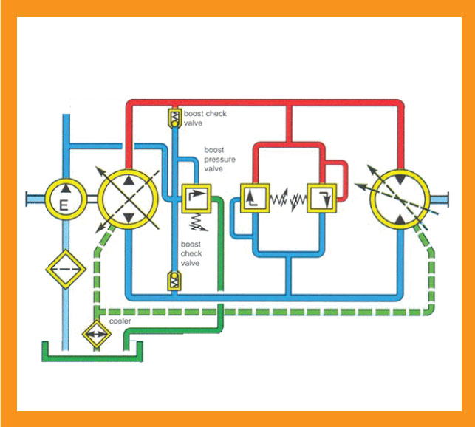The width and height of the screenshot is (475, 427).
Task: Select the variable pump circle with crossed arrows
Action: (129, 199)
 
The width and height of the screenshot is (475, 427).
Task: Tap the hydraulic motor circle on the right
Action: (399, 199)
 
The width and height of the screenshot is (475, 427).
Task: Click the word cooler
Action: (120, 321)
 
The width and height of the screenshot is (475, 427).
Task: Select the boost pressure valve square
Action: (197, 199)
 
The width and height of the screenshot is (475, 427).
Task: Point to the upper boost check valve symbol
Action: (174, 117)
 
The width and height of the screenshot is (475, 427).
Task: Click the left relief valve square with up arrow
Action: (254, 199)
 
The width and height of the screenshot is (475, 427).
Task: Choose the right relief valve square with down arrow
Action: (322, 199)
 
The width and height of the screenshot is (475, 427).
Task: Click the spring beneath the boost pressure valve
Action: (197, 222)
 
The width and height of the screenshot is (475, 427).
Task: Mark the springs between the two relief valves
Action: (288, 199)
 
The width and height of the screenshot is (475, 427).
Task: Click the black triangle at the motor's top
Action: (399, 180)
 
